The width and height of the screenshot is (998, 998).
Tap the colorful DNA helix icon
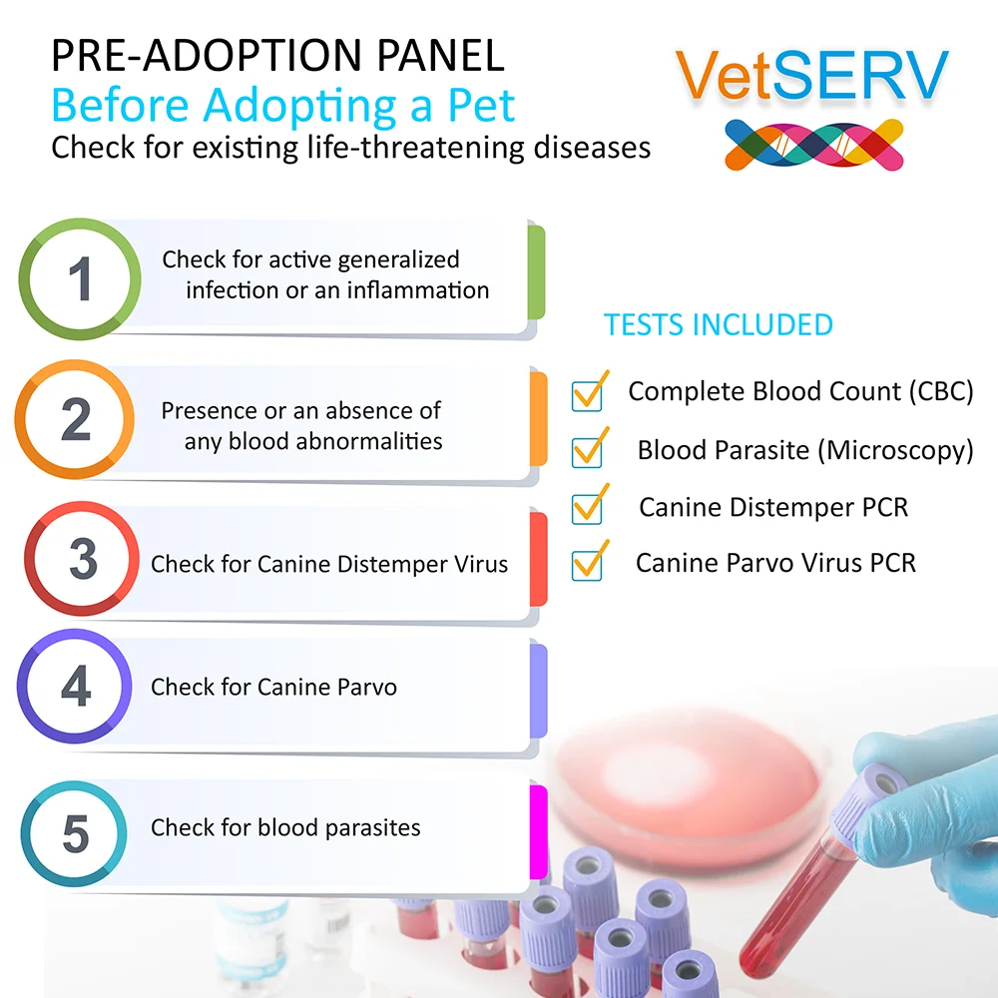coord(814,145)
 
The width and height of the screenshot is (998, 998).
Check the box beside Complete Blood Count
coord(587,396)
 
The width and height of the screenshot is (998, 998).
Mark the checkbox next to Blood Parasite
coord(587,452)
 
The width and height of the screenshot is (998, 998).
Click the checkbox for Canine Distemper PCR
coord(587,509)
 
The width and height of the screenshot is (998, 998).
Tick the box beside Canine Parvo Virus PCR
coord(587,565)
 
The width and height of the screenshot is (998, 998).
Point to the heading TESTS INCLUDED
coord(718,324)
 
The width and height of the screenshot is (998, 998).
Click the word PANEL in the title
coord(440,55)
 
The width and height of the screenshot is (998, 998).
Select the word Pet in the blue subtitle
coord(481,105)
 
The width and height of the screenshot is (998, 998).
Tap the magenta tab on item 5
coord(539,832)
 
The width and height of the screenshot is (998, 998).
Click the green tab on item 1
coord(537,272)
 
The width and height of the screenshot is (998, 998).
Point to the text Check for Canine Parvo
coord(273,688)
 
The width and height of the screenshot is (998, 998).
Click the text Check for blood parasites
coord(285,828)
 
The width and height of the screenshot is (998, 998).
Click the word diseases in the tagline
coord(592,147)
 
